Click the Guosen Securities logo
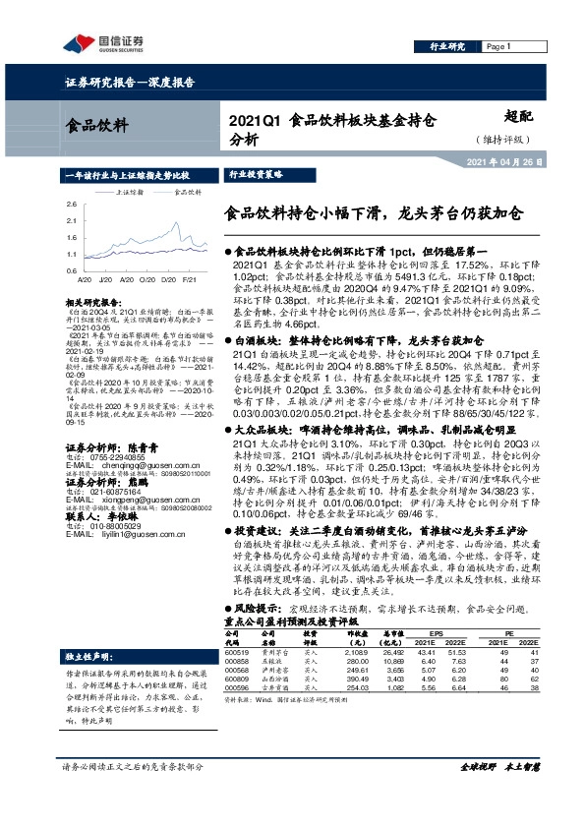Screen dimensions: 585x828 coord(103,42)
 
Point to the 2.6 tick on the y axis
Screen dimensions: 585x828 coord(71,204)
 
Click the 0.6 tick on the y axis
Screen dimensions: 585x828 coord(71,268)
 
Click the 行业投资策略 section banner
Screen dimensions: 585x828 coord(228,172)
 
